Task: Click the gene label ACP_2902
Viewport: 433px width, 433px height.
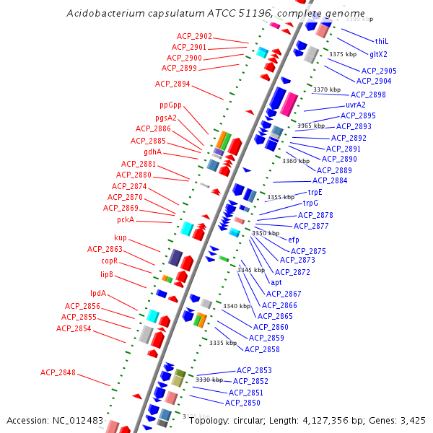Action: tap(194, 37)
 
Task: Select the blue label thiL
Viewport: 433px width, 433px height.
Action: tap(381, 41)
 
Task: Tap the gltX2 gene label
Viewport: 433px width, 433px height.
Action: tap(379, 54)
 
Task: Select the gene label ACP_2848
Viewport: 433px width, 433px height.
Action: tap(58, 372)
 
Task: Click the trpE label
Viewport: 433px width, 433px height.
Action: tap(315, 192)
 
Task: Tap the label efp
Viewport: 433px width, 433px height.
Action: tap(294, 240)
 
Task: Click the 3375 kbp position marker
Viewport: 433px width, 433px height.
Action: tap(343, 54)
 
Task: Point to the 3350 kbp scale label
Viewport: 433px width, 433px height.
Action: tap(265, 233)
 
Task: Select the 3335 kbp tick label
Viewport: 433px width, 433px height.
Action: tap(223, 343)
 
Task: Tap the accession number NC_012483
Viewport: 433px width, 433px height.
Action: tap(80, 420)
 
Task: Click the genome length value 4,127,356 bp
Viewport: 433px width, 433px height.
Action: tap(320, 420)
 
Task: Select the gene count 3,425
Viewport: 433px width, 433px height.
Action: tap(411, 420)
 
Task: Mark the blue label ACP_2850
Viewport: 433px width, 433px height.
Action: tap(242, 403)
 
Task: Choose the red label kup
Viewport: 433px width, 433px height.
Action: tap(121, 238)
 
